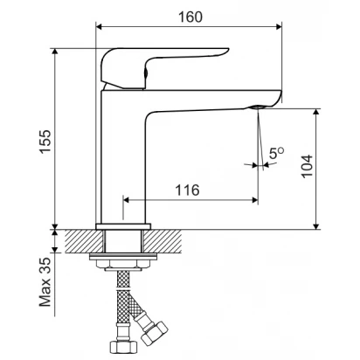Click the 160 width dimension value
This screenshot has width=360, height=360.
(190, 17)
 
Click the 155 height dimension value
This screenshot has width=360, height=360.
(45, 142)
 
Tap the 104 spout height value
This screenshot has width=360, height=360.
(307, 166)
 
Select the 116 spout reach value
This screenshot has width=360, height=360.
(187, 190)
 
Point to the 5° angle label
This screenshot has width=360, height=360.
(276, 153)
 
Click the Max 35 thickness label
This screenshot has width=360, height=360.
(45, 281)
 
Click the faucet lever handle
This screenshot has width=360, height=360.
(164, 68)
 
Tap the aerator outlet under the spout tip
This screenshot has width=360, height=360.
(258, 107)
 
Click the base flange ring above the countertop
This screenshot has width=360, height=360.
(123, 226)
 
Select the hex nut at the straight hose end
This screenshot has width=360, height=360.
(123, 347)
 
